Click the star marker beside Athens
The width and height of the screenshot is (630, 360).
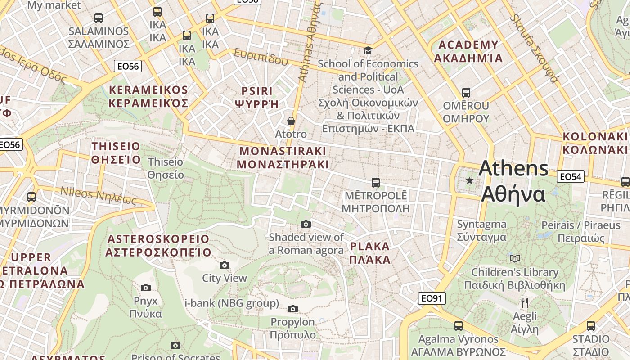469,180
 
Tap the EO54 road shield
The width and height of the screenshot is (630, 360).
570,176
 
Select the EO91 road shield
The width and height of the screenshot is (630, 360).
432,298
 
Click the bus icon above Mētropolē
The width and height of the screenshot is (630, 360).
376,182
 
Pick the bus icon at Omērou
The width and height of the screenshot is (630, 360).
466,93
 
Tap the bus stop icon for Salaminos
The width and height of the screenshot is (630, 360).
99,18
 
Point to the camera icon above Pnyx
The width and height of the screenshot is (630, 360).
145,288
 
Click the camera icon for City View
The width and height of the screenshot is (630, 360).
224,265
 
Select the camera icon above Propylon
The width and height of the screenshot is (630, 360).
293,309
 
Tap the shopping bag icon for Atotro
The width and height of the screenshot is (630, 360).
291,121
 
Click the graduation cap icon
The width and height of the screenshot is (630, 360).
368,50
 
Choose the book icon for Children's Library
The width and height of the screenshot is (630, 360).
515,258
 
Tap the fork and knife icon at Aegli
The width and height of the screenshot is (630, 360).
524,302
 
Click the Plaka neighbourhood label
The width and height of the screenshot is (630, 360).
370,253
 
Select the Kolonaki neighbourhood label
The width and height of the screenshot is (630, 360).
595,143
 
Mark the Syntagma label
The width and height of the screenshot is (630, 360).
481,230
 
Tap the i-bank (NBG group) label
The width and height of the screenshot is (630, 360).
232,303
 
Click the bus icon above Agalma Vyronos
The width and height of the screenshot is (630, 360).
458,325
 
